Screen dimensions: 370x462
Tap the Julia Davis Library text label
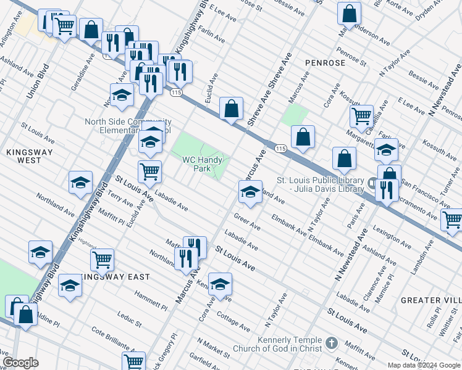320,184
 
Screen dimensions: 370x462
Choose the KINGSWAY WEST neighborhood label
30,155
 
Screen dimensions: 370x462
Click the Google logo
20,363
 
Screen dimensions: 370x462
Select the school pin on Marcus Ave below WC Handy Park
250,193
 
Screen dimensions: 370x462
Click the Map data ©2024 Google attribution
424,364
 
